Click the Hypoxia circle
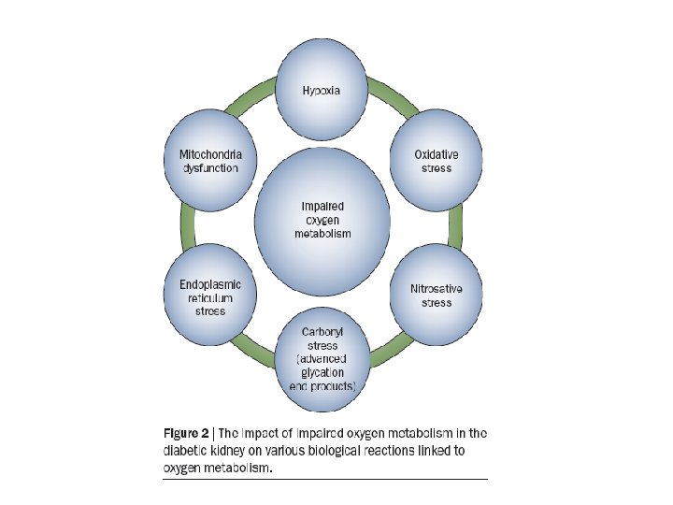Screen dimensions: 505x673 point(321,91)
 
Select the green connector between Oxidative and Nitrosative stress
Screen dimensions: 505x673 point(457,228)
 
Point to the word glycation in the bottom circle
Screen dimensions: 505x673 point(321,372)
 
